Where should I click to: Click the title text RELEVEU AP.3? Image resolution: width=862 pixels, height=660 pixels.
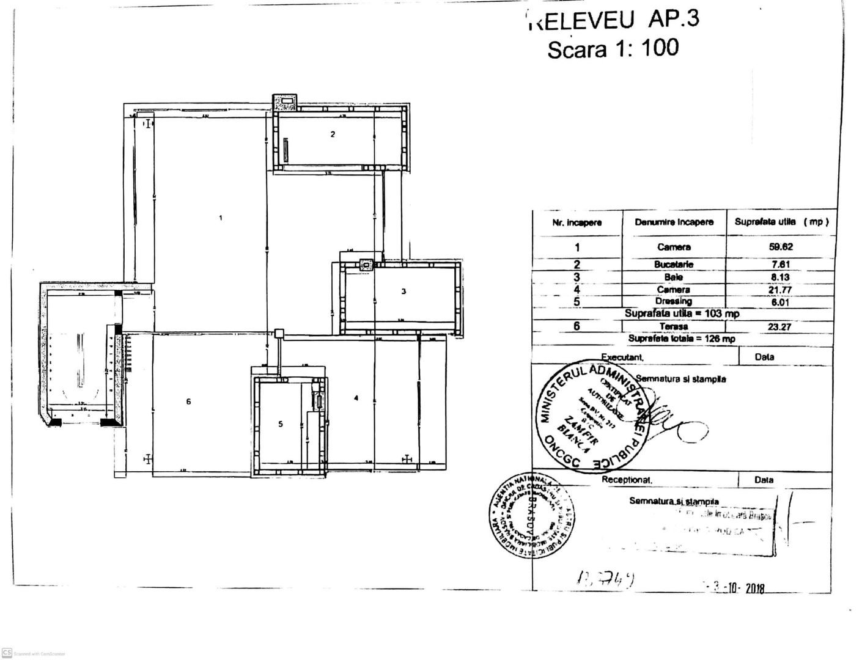click(x=613, y=20)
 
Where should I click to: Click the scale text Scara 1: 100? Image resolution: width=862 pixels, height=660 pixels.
click(x=613, y=48)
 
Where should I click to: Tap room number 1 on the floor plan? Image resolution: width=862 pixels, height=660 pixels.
click(x=221, y=218)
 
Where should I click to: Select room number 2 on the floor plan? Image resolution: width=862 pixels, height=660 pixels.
click(x=333, y=134)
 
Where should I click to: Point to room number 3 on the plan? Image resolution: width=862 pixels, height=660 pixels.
click(x=403, y=291)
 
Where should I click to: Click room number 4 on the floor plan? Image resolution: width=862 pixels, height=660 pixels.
click(x=356, y=398)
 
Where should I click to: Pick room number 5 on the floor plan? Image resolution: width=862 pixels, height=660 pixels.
click(x=281, y=424)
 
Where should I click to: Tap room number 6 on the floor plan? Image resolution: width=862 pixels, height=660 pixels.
click(x=189, y=402)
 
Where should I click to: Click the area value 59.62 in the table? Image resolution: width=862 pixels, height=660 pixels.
click(x=780, y=247)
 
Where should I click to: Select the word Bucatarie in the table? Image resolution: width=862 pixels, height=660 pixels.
click(x=674, y=265)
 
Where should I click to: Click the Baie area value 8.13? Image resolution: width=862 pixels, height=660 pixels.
click(x=780, y=277)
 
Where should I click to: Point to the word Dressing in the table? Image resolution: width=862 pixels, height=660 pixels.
click(x=674, y=301)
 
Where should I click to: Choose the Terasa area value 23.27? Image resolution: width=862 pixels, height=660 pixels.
click(x=780, y=326)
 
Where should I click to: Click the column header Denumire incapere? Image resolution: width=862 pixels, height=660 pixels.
click(x=674, y=222)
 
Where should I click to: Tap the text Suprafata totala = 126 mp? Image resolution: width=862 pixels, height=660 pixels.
click(x=682, y=339)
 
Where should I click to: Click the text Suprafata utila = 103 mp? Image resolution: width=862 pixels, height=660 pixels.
click(x=682, y=313)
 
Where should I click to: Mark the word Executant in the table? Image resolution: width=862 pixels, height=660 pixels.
click(x=622, y=357)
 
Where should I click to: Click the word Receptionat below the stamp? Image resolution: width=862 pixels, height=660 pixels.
click(x=627, y=480)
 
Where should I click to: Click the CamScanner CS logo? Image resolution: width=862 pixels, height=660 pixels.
click(x=7, y=653)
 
